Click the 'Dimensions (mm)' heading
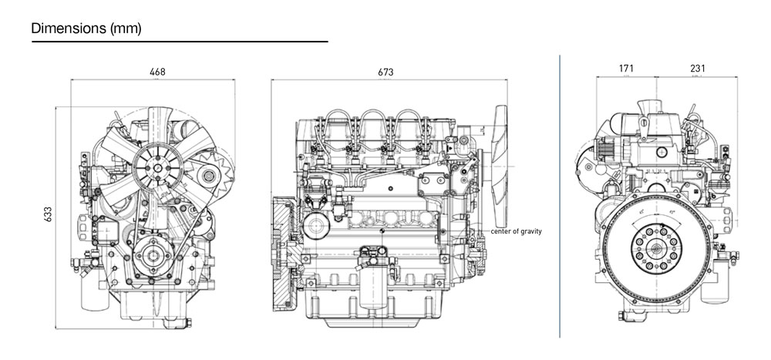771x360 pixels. point(86,29)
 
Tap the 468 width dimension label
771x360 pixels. point(157,72)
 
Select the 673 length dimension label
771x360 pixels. point(385,72)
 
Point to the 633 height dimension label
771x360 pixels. point(48,213)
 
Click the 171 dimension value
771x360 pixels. point(626,69)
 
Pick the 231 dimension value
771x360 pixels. point(697,69)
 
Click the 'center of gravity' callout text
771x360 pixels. point(517,231)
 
